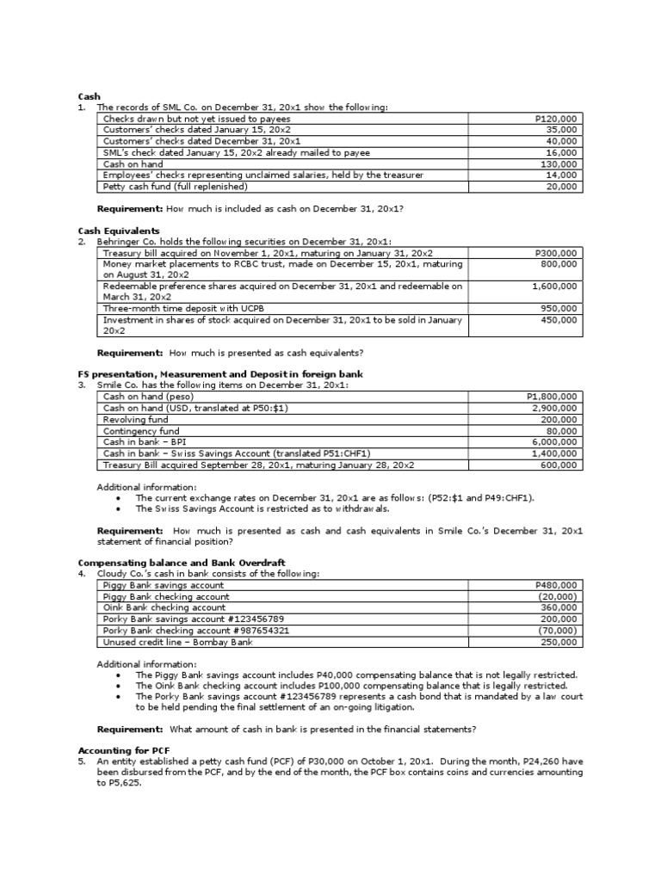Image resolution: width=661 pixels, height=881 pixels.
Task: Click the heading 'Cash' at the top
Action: [89, 96]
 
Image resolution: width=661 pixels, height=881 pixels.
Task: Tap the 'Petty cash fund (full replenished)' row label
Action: [175, 186]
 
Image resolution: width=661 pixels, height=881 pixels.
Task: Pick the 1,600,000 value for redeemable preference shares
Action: [555, 286]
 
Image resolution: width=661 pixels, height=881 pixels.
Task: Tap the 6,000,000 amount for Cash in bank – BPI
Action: [555, 441]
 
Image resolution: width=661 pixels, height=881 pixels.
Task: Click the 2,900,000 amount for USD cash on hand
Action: [555, 408]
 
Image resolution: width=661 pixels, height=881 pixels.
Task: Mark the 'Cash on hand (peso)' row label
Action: [148, 397]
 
